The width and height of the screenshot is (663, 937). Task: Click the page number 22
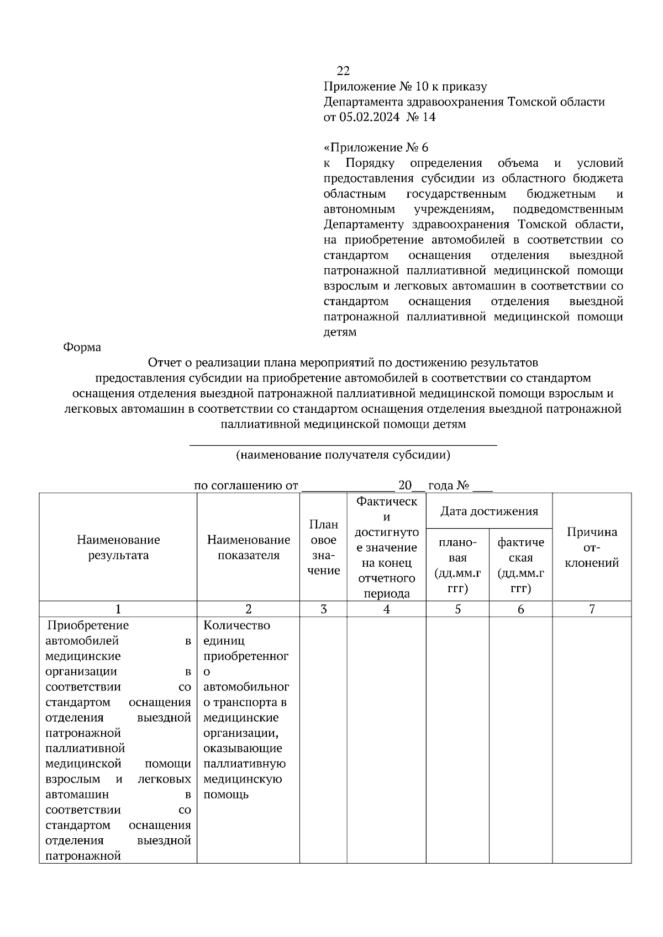[x=343, y=71]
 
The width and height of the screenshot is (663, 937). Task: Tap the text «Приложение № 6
[x=376, y=147]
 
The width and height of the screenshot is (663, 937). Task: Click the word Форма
[x=82, y=347]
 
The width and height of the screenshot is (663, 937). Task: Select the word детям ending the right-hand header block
[x=339, y=332]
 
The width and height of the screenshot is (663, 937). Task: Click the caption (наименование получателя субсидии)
[x=343, y=455]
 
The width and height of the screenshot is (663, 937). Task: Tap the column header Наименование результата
[x=118, y=547]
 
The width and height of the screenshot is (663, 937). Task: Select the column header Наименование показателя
[x=248, y=547]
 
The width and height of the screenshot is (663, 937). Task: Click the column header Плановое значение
[x=323, y=547]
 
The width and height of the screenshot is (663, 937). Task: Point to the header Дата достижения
[x=489, y=511]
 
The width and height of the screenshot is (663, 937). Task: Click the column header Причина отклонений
[x=592, y=547]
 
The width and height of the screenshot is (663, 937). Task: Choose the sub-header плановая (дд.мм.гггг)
[x=457, y=565]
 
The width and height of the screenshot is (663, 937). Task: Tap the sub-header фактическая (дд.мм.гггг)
[x=520, y=565]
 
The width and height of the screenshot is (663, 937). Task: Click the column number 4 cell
[x=386, y=609]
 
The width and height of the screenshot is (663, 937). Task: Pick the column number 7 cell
[x=592, y=609]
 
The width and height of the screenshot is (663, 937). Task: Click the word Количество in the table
[x=236, y=625]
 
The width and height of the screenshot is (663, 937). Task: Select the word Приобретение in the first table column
[x=88, y=625]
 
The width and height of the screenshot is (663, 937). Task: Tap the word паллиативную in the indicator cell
[x=244, y=764]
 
